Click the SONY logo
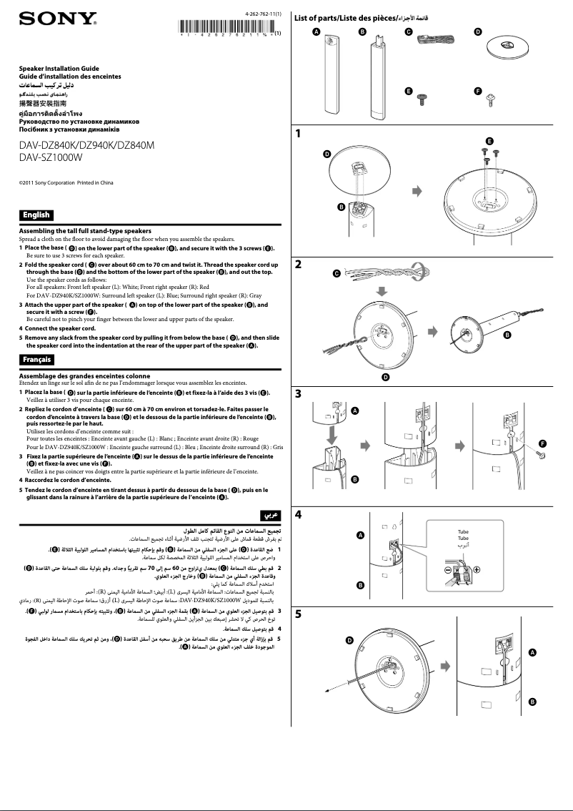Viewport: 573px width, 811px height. [x=57, y=19]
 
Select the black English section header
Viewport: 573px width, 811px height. [x=36, y=215]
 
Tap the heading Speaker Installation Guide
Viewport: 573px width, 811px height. [x=59, y=69]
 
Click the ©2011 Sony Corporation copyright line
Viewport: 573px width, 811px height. [x=66, y=183]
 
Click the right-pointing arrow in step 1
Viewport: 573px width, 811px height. [x=418, y=191]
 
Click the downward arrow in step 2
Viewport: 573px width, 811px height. [x=382, y=292]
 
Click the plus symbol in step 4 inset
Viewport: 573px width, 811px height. [x=477, y=569]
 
